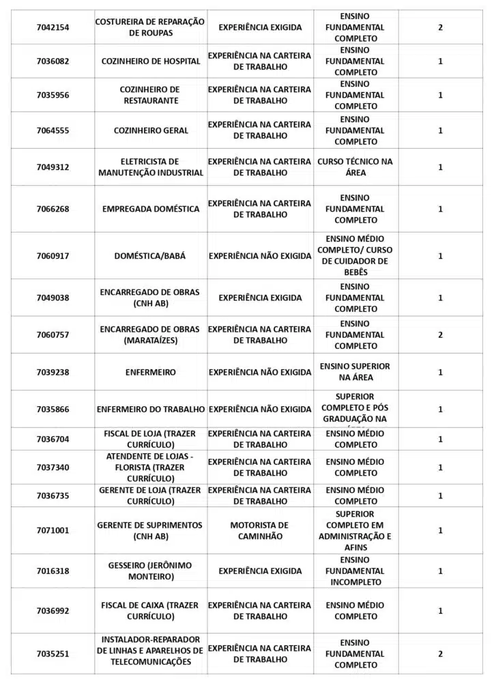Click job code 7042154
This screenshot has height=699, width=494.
(53, 27)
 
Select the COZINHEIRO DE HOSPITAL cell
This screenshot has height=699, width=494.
(151, 61)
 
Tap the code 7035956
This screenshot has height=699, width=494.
(53, 96)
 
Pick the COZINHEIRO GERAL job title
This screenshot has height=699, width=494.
(151, 130)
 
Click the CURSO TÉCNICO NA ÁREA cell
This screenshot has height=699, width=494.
(355, 167)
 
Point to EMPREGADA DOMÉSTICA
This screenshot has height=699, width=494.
(151, 209)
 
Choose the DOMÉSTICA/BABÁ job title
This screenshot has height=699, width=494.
(151, 256)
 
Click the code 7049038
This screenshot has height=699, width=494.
(53, 298)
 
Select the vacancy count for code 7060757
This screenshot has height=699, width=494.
(440, 335)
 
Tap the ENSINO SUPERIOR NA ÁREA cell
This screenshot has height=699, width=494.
(355, 372)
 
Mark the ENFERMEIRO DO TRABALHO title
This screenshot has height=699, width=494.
(151, 410)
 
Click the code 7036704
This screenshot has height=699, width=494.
(53, 439)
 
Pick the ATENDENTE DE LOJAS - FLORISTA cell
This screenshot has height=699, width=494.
(151, 468)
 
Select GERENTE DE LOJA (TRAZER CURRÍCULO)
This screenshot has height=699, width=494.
(151, 496)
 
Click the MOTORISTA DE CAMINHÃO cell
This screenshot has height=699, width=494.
(260, 530)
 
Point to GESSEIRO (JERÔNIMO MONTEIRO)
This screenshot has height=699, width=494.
(151, 571)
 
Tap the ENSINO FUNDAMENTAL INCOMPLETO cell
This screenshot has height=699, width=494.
(355, 571)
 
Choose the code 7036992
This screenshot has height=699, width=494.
(53, 611)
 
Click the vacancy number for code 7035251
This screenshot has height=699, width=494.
(440, 654)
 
